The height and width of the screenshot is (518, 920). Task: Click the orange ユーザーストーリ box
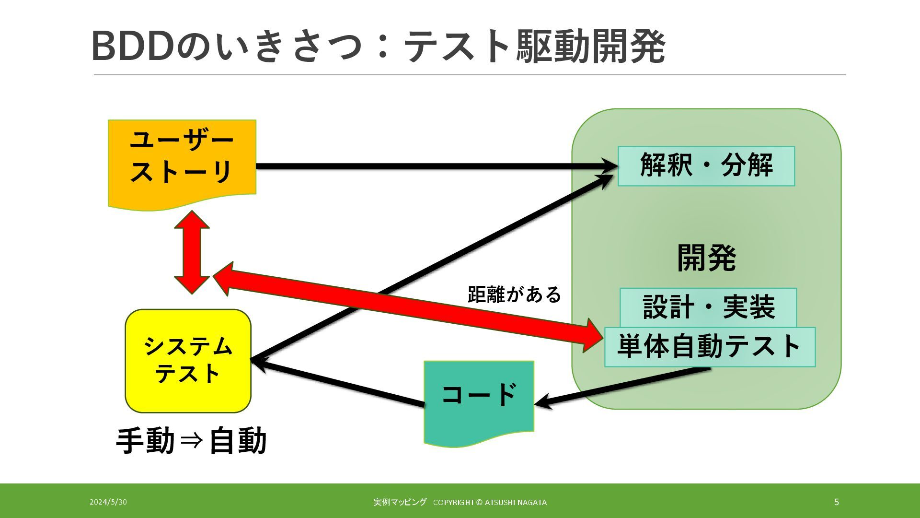coord(182,158)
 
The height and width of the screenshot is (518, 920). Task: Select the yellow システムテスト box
coord(188,361)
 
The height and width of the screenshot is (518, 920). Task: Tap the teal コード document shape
coord(479,398)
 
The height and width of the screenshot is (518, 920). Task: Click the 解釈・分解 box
coord(706,166)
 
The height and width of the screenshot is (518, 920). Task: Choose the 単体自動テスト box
coord(710,347)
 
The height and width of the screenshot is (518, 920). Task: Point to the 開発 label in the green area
coord(706,258)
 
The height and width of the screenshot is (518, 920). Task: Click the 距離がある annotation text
coord(514,294)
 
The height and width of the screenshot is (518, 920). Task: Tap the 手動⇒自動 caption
coord(191,441)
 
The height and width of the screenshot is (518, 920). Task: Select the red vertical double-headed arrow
coord(192,252)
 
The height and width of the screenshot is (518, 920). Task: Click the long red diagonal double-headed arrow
coord(407,307)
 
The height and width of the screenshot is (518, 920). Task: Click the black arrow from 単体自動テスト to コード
coord(623,387)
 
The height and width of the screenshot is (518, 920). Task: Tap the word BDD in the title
coord(131,47)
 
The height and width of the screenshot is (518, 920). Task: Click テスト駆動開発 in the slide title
coord(534,47)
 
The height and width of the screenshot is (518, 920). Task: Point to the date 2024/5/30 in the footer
coord(108,502)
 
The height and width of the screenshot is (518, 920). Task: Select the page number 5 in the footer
coord(837,502)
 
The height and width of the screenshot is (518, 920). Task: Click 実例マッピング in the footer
coord(400,502)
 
